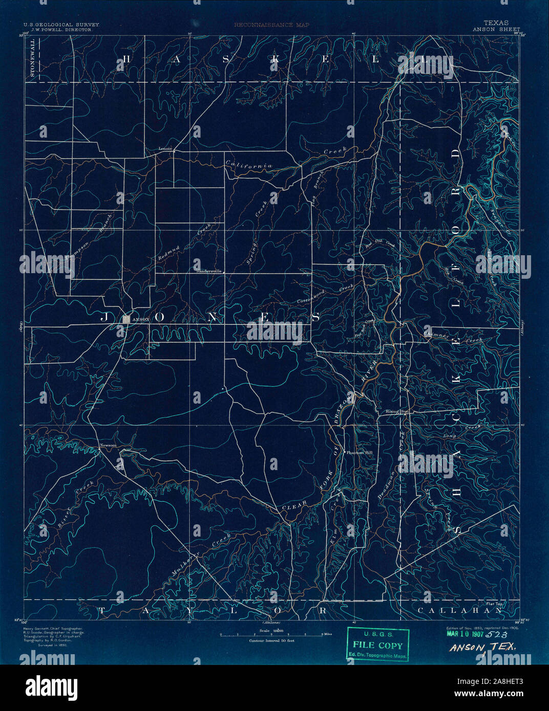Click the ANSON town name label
(x=141, y=319)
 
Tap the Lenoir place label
(x=165, y=149)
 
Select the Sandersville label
(x=209, y=271)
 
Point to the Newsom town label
(x=108, y=446)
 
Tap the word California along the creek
(x=249, y=165)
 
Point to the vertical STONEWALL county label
(x=34, y=59)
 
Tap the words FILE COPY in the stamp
(x=378, y=646)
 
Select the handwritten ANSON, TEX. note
(x=483, y=648)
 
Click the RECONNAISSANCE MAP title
(x=271, y=24)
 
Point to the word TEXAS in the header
(x=496, y=23)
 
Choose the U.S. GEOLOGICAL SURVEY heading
(x=61, y=24)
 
